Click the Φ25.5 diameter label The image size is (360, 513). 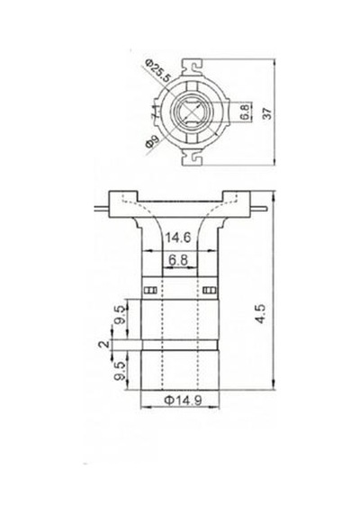click(158, 71)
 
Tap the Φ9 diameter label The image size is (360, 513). click(152, 141)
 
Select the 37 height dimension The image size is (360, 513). click(267, 113)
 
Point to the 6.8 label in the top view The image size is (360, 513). click(246, 112)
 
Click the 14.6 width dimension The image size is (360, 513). click(178, 238)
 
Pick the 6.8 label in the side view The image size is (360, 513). click(178, 260)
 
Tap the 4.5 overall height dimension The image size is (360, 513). click(260, 314)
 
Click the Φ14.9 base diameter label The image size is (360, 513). click(183, 400)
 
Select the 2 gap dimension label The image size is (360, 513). click(104, 345)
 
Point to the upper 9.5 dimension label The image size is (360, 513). click(120, 315)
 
